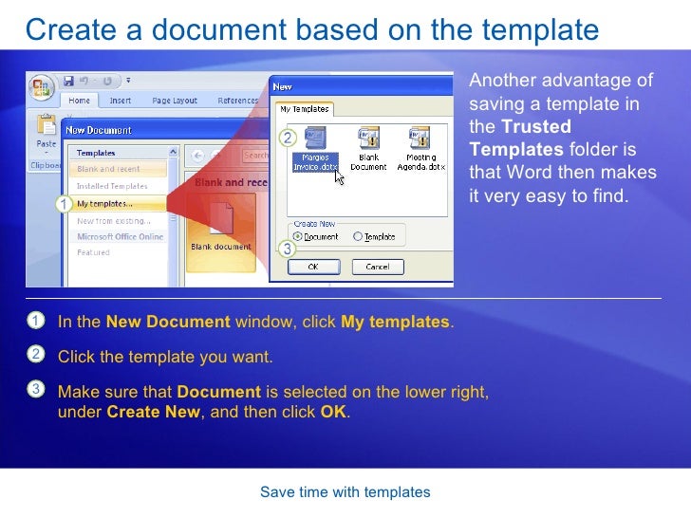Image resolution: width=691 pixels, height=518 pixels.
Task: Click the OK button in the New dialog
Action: [x=313, y=267]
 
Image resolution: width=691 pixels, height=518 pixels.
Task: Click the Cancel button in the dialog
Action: [x=377, y=267]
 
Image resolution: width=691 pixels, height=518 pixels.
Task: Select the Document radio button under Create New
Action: [x=298, y=236]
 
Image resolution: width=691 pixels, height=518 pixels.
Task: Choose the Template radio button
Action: [x=357, y=236]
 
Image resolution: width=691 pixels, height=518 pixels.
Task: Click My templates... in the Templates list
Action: [x=104, y=203]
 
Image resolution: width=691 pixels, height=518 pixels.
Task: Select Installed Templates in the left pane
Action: [x=112, y=186]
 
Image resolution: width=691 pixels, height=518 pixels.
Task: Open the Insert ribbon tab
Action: [x=121, y=101]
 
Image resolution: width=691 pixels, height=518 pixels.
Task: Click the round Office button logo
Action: [x=42, y=88]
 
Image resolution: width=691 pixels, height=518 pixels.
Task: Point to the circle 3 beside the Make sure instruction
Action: [x=34, y=389]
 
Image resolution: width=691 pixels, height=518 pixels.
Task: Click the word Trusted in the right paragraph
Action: [x=535, y=126]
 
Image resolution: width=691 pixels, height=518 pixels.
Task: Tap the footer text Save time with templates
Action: [x=345, y=492]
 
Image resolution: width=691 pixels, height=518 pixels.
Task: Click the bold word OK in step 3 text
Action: [x=333, y=413]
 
